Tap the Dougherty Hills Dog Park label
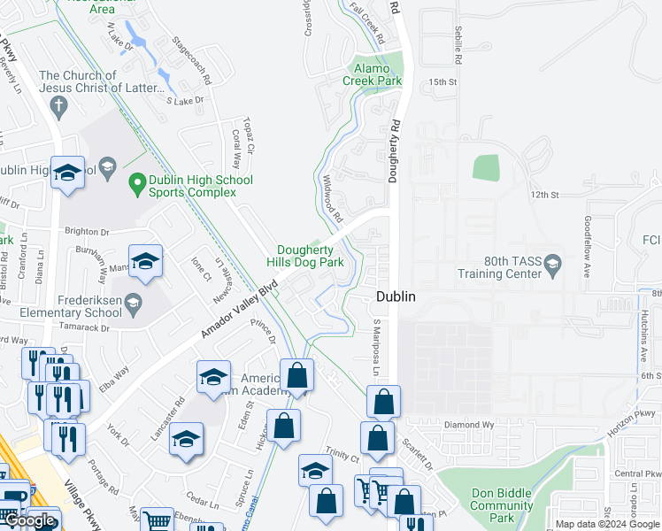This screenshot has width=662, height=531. pyautogui.click(x=305, y=256)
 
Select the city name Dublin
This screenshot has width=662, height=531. pyautogui.click(x=396, y=297)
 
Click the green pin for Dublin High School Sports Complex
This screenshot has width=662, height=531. pyautogui.click(x=137, y=185)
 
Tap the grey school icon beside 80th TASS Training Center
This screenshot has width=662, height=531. pyautogui.click(x=553, y=262)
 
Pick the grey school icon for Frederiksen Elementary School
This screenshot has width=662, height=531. pyautogui.click(x=133, y=304)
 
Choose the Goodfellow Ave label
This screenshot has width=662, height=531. pyautogui.click(x=586, y=247)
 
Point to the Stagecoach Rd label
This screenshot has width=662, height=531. pyautogui.click(x=192, y=60)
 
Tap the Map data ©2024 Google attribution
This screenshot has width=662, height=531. pyautogui.click(x=606, y=524)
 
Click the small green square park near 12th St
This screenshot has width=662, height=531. pyautogui.click(x=486, y=168)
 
